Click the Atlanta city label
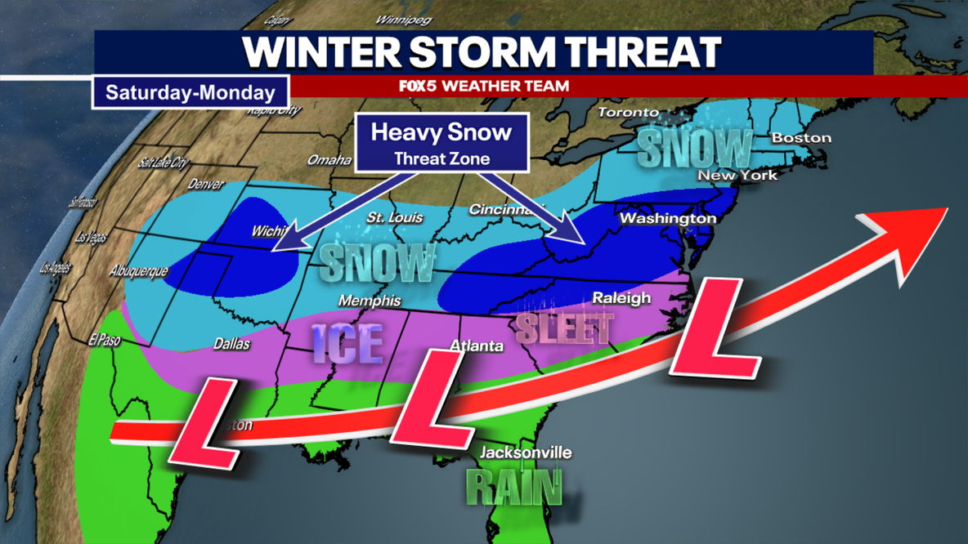click(477, 346)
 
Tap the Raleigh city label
click(621, 298)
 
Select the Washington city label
click(667, 219)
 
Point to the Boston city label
click(801, 138)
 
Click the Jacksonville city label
click(526, 453)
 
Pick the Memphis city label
click(370, 301)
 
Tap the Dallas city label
click(231, 345)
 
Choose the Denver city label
click(206, 185)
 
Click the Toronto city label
click(628, 112)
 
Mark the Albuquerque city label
click(139, 271)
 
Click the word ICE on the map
click(347, 343)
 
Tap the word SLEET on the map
click(564, 329)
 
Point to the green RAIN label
click(514, 488)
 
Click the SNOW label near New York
click(694, 149)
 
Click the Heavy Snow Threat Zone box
click(441, 143)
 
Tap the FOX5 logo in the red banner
click(417, 86)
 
